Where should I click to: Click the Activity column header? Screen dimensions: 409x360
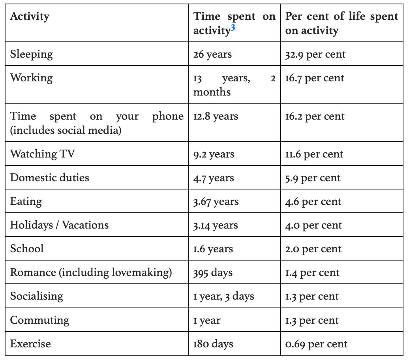tap(30, 17)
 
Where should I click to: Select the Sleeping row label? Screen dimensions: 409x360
tap(31, 54)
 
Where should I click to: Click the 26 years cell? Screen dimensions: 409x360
tap(212, 54)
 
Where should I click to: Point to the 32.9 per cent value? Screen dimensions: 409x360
tap(315, 54)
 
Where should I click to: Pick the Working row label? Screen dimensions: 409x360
tap(31, 78)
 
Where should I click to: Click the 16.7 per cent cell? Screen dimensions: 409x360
tap(315, 78)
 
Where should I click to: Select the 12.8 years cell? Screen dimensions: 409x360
tap(216, 116)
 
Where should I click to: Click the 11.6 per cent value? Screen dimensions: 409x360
tap(314, 154)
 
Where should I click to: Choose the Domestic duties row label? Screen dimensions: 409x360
tap(50, 178)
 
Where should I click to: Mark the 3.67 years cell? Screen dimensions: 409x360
tap(216, 202)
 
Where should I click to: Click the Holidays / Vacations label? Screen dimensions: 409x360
tap(59, 225)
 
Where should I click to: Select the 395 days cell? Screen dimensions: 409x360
tap(213, 273)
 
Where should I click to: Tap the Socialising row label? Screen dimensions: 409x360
tap(37, 296)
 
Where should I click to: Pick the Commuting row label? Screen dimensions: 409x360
tap(39, 320)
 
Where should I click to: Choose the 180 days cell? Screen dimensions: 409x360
tap(213, 344)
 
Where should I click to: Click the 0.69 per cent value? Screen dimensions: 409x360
tap(316, 344)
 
